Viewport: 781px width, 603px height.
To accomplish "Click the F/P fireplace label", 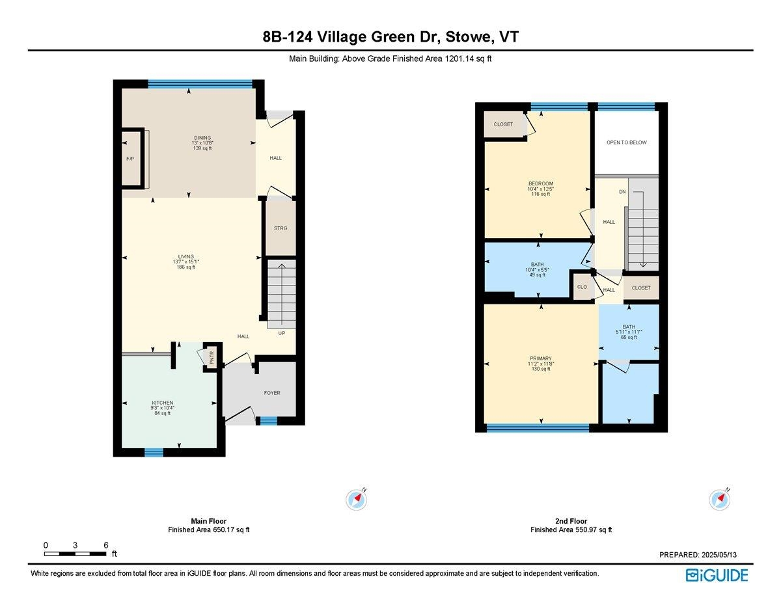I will coord(130,159).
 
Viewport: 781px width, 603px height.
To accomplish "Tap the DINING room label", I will coord(202,137).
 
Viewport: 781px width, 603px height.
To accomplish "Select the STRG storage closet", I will coord(281,228).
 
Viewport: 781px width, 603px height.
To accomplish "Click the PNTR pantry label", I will coord(212,357).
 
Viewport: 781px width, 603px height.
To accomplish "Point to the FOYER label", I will coord(272,393).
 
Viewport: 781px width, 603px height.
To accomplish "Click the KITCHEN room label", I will coord(161,403).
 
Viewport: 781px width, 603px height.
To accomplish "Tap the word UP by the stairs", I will coord(282,333).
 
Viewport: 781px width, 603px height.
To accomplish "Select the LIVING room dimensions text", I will coord(185,262).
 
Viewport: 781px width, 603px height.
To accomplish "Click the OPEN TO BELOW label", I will coord(626,142).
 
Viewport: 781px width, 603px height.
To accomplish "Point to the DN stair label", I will coord(622,192).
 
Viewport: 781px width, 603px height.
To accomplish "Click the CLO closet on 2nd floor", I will coord(581,287).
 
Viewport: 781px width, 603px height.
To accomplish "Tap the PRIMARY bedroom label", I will coord(540,358).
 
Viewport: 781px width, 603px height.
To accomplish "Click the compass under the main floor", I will coord(356,499).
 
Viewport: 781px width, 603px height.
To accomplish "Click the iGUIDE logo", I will coord(717,575).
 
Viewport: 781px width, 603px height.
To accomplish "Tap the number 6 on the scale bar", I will coord(105,545).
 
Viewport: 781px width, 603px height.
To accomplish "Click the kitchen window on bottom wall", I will coord(154,453).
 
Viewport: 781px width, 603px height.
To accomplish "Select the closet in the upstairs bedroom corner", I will coord(503,124).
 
